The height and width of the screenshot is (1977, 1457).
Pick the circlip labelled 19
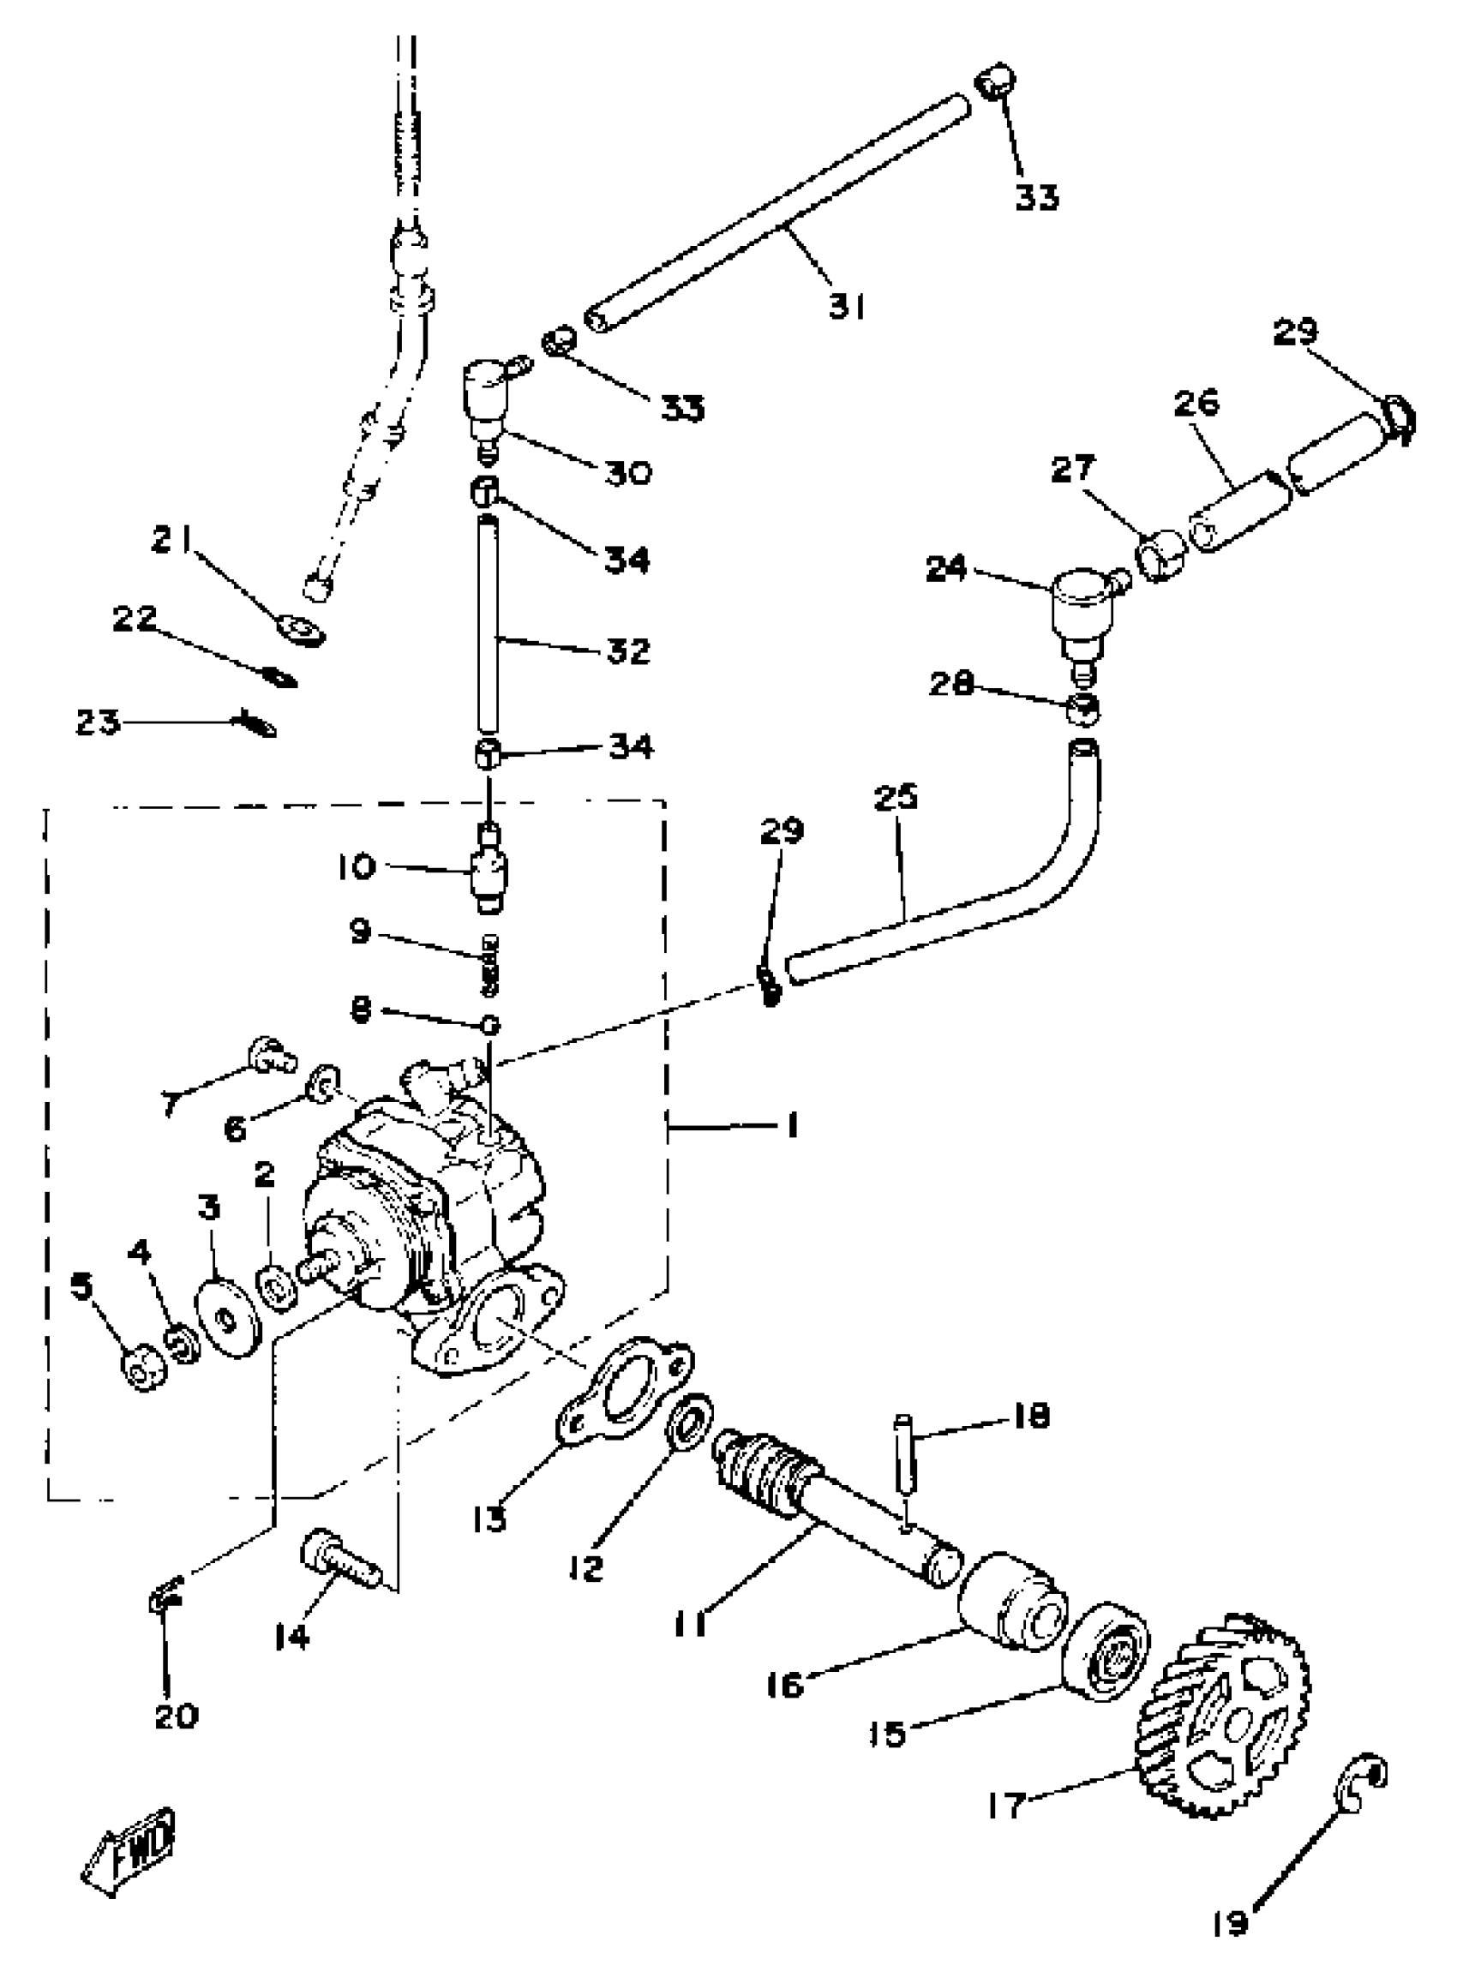point(1364,1786)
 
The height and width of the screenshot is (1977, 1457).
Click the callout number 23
point(97,723)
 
